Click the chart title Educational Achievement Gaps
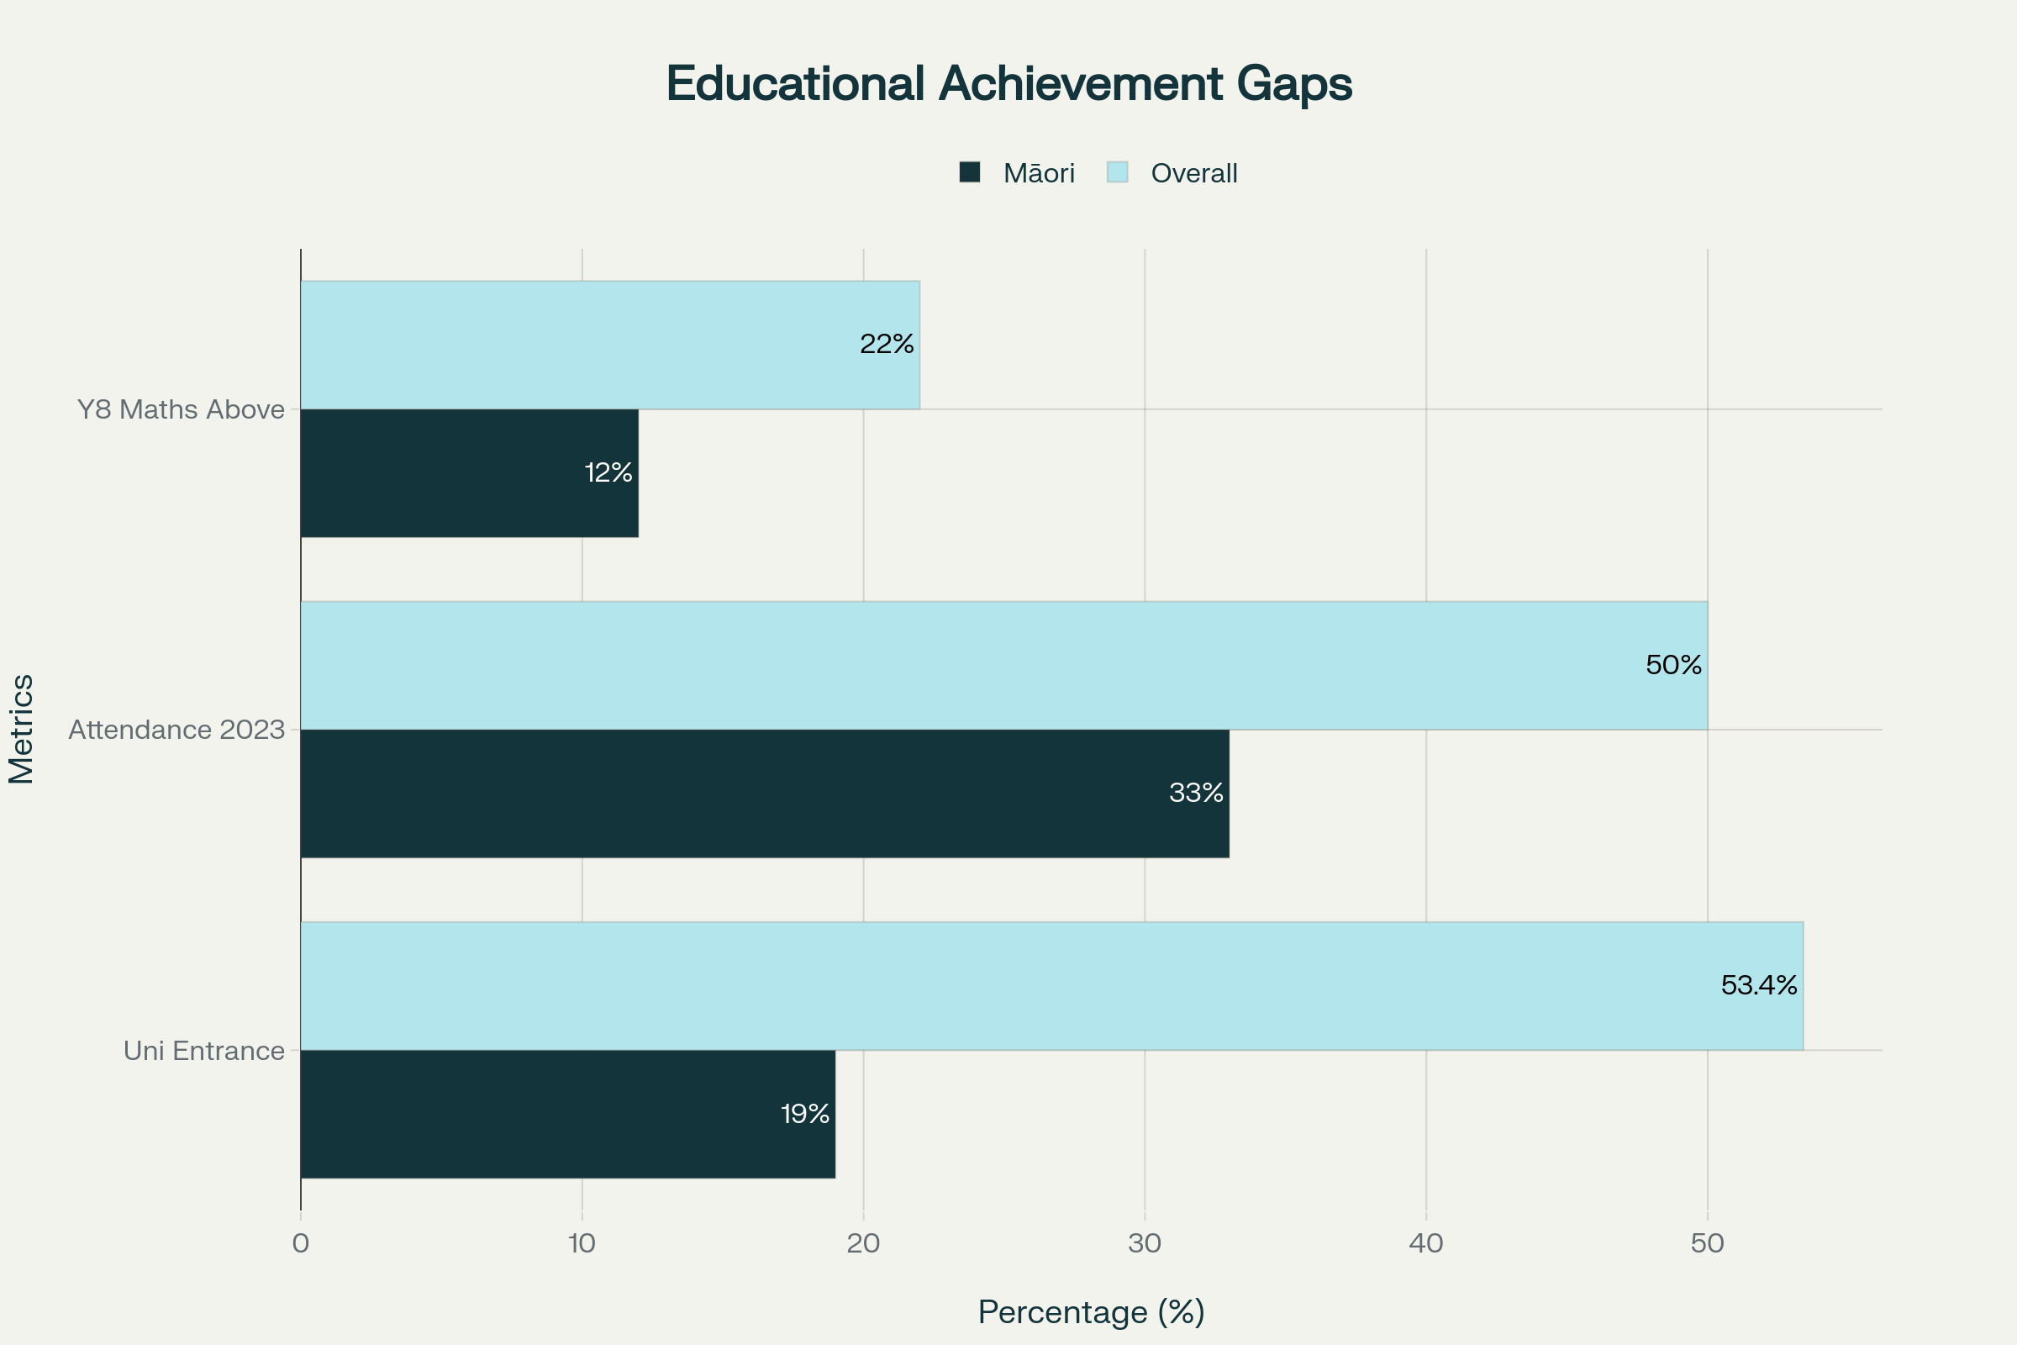pyautogui.click(x=1008, y=84)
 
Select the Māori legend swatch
pyautogui.click(x=969, y=172)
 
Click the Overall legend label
pyautogui.click(x=1193, y=173)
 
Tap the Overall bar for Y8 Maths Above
pyautogui.click(x=610, y=345)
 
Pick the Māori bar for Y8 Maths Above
pyautogui.click(x=469, y=472)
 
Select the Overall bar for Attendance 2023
pyautogui.click(x=1003, y=666)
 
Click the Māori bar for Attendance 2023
pyautogui.click(x=764, y=794)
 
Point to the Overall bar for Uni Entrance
pyautogui.click(x=1051, y=985)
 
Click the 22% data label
pyautogui.click(x=887, y=345)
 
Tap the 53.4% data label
pyautogui.click(x=1759, y=985)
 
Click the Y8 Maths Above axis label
pyautogui.click(x=181, y=410)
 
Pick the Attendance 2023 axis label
pyautogui.click(x=176, y=730)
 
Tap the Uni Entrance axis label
pyautogui.click(x=204, y=1051)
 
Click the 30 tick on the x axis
pyautogui.click(x=1145, y=1244)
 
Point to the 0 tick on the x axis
pyautogui.click(x=300, y=1244)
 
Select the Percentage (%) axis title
pyautogui.click(x=1091, y=1312)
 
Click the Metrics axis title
pyautogui.click(x=23, y=729)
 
